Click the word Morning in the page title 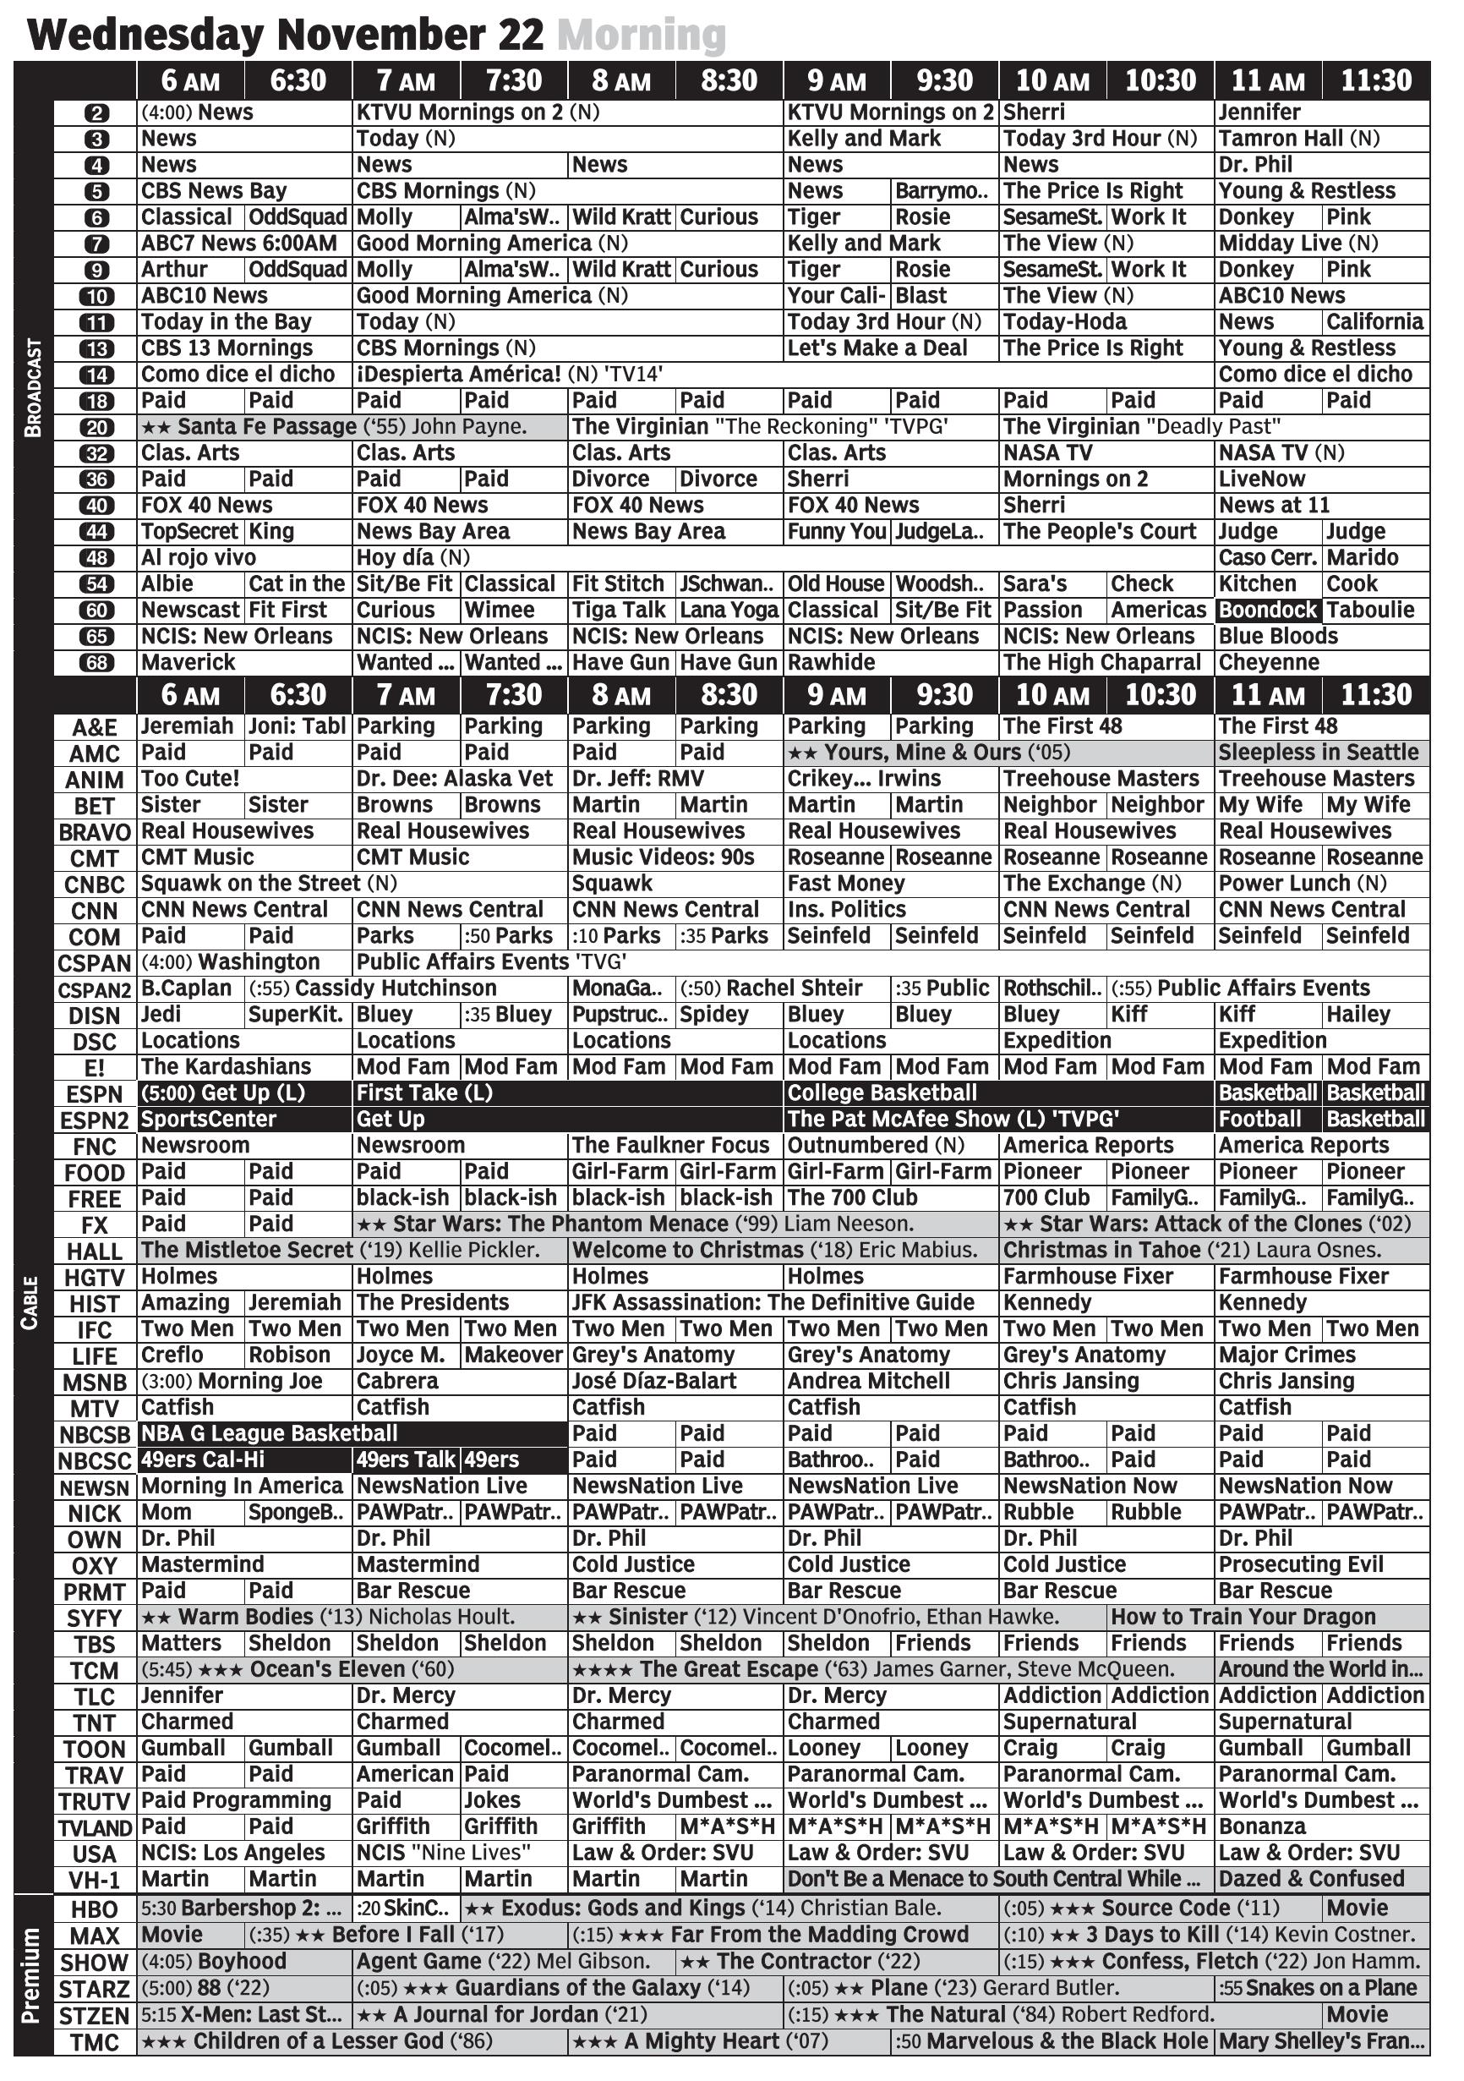pyautogui.click(x=642, y=36)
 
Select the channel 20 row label pyautogui.click(x=96, y=427)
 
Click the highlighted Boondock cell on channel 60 pyautogui.click(x=1267, y=610)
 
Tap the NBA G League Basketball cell pyautogui.click(x=270, y=1433)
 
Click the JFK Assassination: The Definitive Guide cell pyautogui.click(x=773, y=1302)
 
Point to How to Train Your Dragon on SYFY pyautogui.click(x=1243, y=1616)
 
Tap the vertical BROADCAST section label pyautogui.click(x=33, y=388)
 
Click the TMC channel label pyautogui.click(x=94, y=2042)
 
